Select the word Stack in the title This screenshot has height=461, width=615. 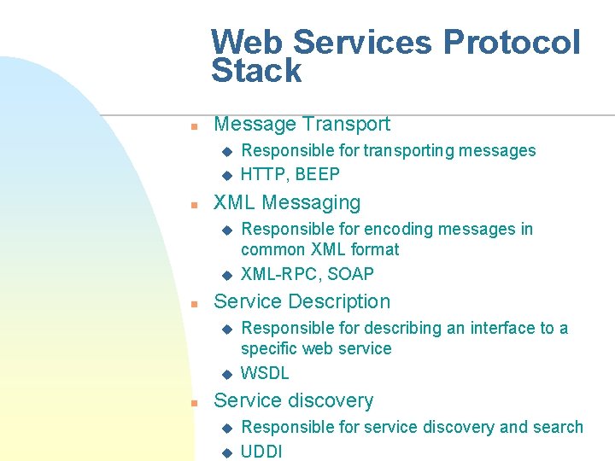[256, 71]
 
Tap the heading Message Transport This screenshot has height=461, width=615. [302, 124]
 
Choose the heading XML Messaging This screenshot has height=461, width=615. [287, 202]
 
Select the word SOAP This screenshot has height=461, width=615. [350, 274]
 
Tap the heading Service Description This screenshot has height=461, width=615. [302, 301]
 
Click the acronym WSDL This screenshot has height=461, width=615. [265, 373]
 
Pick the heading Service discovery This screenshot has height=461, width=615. [293, 400]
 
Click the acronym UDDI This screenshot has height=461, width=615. [261, 452]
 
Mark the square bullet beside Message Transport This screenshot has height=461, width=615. [194, 126]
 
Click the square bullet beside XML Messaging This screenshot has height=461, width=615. [194, 205]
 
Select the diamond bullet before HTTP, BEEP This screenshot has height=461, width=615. [226, 175]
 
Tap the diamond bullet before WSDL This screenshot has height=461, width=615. [226, 374]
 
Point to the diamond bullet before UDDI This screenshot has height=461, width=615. [226, 452]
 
